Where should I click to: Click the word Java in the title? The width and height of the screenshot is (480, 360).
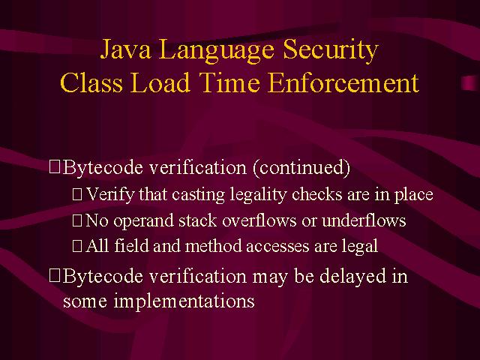coord(125,50)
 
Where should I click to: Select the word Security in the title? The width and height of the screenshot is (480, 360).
coord(331,51)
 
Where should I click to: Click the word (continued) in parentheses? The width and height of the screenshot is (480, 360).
coord(301,167)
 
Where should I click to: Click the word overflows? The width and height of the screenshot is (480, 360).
coord(259,220)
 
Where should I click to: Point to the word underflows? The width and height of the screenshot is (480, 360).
coord(364,220)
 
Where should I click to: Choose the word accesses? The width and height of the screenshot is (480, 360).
coord(277,247)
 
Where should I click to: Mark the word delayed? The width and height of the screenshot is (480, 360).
coord(352,276)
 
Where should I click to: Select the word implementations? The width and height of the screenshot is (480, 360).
coord(184,301)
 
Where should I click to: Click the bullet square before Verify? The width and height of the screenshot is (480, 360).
coord(77,195)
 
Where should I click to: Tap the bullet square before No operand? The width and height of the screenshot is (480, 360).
coord(77,220)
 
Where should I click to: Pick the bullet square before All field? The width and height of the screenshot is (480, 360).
coord(77,246)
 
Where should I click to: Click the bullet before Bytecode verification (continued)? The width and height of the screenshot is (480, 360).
coord(55,167)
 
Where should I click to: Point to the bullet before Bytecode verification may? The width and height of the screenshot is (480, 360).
coord(55,275)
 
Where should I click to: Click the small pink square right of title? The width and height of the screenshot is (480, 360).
coord(469,83)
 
